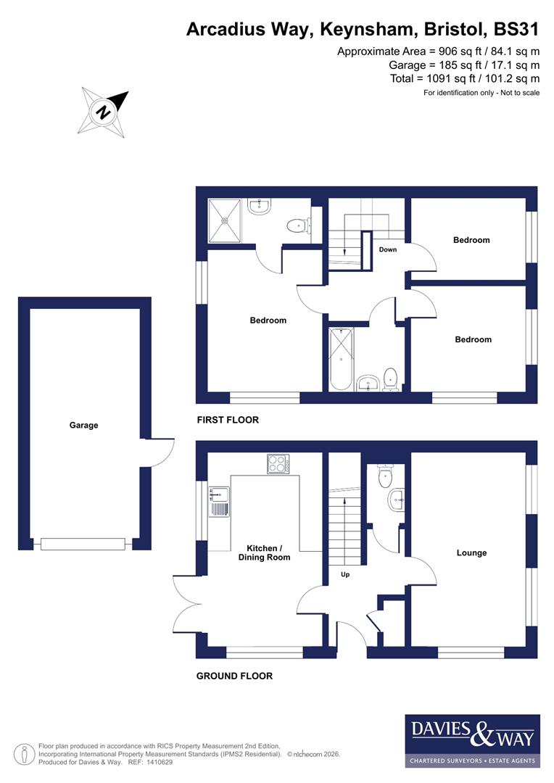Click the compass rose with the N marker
pyautogui.click(x=104, y=112)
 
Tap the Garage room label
pyautogui.click(x=83, y=426)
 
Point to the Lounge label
pyautogui.click(x=471, y=552)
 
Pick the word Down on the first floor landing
pyautogui.click(x=388, y=249)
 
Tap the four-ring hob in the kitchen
pyautogui.click(x=278, y=463)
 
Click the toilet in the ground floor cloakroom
pyautogui.click(x=384, y=475)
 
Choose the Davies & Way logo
pyautogui.click(x=472, y=740)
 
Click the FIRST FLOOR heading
pyautogui.click(x=228, y=420)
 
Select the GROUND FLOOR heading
pyautogui.click(x=234, y=676)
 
